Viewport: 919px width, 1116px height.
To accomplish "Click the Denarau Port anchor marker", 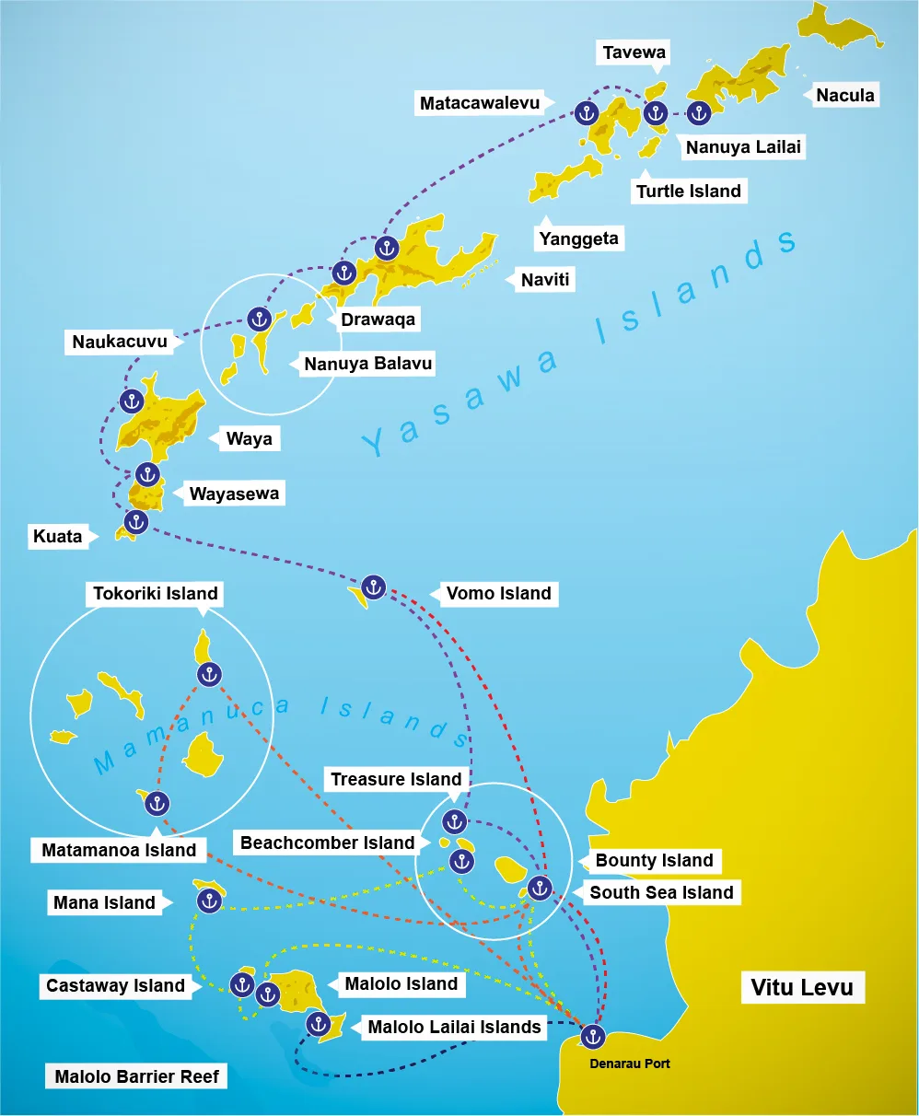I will click(592, 1037).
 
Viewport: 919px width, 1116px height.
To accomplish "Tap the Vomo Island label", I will click(498, 594).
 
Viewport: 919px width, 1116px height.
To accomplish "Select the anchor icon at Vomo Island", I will click(373, 587).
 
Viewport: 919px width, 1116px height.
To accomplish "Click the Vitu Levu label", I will click(801, 988).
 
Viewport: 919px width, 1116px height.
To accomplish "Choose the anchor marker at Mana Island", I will click(210, 901).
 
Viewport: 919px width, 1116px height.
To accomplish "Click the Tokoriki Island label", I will click(156, 594).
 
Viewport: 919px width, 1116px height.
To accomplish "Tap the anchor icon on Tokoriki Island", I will click(209, 675).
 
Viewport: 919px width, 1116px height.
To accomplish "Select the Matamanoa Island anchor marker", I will click(157, 803).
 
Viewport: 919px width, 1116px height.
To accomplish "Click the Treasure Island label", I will click(396, 779).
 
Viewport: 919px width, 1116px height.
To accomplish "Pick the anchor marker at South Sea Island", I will click(540, 888).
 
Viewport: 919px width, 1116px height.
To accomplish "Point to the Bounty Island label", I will click(654, 861).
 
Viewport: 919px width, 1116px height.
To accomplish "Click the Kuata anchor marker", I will click(136, 522).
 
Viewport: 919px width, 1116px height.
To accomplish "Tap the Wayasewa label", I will click(234, 494).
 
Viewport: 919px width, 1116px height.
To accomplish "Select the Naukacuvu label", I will click(120, 343).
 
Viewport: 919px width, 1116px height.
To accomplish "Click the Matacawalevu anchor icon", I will click(586, 113).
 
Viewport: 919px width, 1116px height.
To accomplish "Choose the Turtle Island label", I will click(688, 192).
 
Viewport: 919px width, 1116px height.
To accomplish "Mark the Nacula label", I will click(844, 95).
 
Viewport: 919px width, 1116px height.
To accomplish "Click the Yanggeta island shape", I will click(564, 177).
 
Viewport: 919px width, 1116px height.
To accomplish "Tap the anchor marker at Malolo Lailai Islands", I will click(318, 1023).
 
